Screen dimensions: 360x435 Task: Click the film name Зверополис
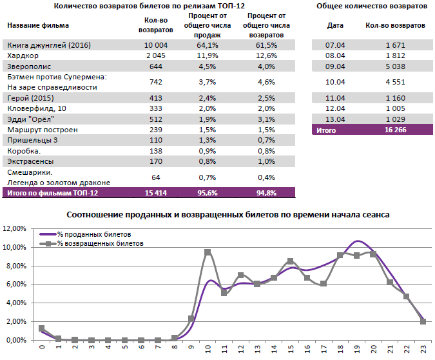(x=27, y=66)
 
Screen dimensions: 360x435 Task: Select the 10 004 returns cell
(x=156, y=45)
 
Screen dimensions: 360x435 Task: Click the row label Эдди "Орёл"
(x=30, y=119)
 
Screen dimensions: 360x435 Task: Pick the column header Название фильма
(x=38, y=25)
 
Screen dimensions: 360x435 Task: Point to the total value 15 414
(x=156, y=192)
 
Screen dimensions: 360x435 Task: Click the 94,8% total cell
(x=266, y=192)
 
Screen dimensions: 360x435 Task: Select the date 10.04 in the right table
(x=335, y=82)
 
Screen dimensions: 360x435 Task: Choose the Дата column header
(x=335, y=25)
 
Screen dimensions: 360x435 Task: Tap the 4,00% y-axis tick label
(x=15, y=303)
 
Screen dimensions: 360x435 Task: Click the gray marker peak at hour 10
(x=208, y=252)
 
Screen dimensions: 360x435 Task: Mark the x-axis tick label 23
(x=423, y=350)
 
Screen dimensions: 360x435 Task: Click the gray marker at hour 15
(x=291, y=261)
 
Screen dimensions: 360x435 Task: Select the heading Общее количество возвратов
(x=372, y=6)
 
